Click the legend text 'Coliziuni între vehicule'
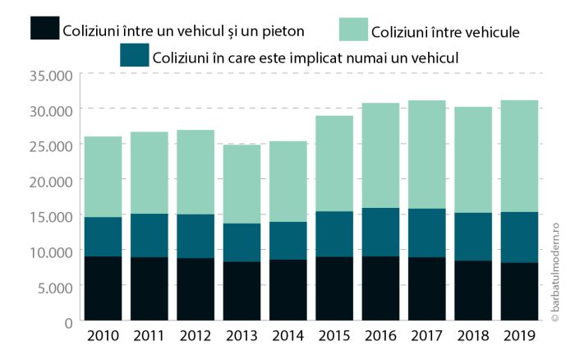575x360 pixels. pyautogui.click(x=447, y=33)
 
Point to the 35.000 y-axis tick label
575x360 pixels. pyautogui.click(x=51, y=76)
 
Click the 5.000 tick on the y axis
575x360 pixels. pyautogui.click(x=54, y=287)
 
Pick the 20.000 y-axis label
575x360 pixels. pyautogui.click(x=51, y=181)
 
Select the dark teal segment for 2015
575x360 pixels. pyautogui.click(x=333, y=234)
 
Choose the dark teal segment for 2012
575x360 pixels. pyautogui.click(x=195, y=236)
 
